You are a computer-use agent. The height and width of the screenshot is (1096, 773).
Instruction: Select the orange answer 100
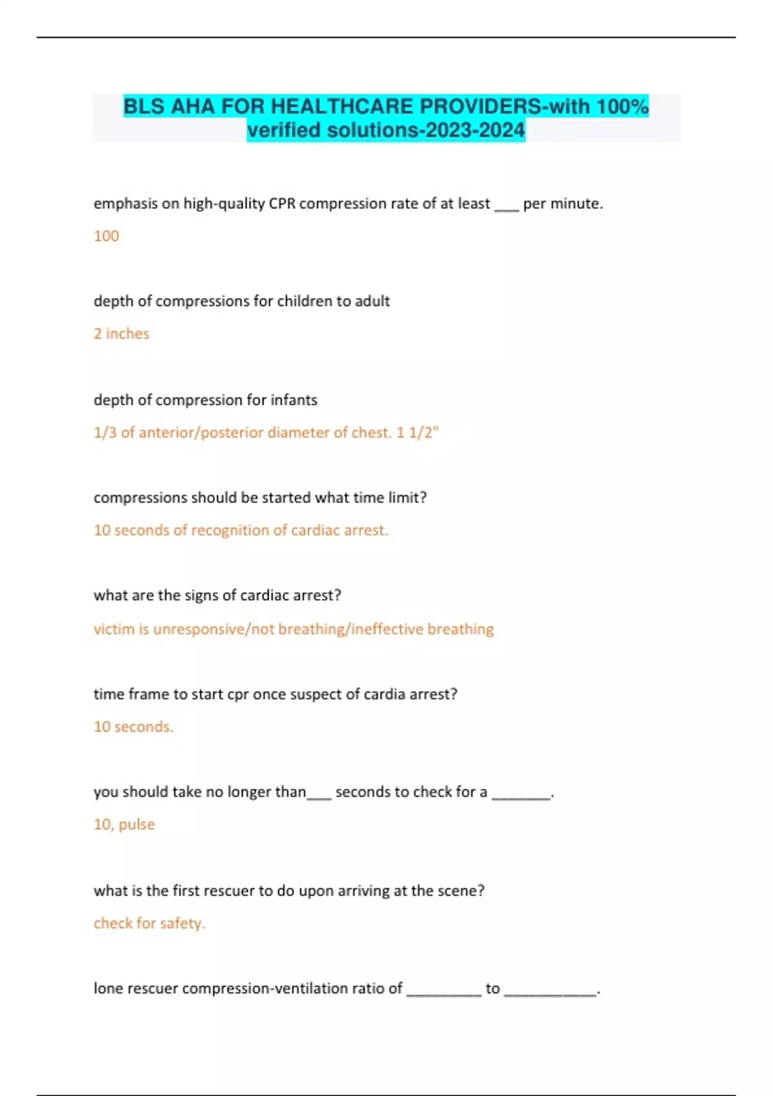106,236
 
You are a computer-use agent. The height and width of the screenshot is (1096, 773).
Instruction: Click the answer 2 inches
121,334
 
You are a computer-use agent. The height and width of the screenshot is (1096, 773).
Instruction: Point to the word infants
294,400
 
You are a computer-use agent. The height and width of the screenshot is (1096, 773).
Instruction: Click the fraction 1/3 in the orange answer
105,433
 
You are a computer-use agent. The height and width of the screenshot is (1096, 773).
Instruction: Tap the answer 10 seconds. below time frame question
133,727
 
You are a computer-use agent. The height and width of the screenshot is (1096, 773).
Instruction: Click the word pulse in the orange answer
137,825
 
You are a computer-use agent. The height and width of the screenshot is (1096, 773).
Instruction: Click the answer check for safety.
149,923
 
